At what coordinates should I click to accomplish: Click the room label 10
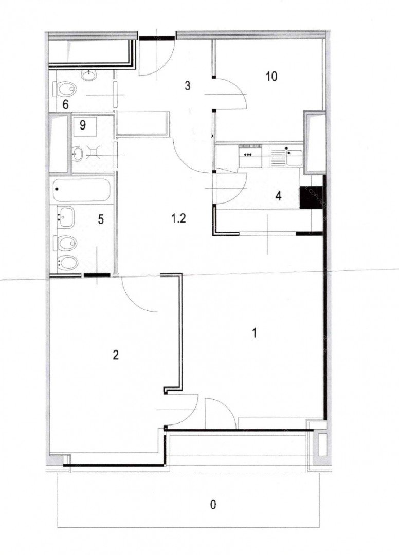271,77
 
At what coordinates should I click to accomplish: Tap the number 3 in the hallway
187,86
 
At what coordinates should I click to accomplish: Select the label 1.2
179,219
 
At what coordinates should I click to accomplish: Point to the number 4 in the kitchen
279,196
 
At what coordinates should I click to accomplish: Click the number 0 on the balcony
213,504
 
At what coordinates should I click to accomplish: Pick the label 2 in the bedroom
115,355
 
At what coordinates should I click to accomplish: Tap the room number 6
65,104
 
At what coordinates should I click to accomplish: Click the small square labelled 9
85,126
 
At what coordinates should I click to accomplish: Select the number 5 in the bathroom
101,219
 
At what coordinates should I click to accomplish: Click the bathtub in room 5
81,190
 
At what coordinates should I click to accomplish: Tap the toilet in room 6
65,88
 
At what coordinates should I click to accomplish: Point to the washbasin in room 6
88,75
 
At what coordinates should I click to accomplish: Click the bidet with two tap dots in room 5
65,263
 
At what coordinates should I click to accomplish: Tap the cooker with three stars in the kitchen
250,156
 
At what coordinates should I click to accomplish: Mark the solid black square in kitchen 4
311,197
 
